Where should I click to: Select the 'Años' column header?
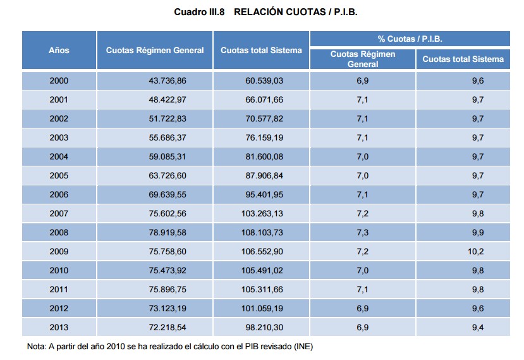coord(59,50)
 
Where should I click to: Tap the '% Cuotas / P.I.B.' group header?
coord(410,39)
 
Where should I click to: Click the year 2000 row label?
coord(59,81)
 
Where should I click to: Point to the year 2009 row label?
coord(59,252)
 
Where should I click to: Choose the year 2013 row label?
coord(59,328)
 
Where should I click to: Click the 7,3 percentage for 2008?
coord(363,233)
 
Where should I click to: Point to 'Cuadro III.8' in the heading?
coord(198,12)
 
